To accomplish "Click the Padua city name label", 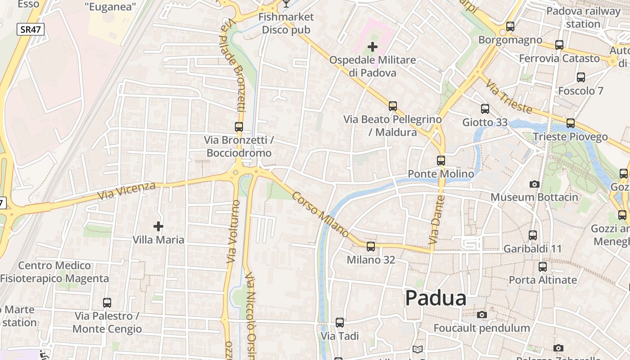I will click(436, 298).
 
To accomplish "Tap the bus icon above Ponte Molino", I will click(441, 161).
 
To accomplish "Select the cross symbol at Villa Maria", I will click(158, 226).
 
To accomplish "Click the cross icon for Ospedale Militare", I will click(373, 47).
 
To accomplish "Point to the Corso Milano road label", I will click(320, 215).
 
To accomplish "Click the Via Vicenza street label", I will click(126, 191).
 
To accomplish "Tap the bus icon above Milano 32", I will click(371, 247).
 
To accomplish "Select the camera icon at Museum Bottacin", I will click(535, 184).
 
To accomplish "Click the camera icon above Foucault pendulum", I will click(482, 315).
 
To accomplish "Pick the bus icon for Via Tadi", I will click(340, 323).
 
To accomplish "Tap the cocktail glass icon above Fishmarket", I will click(286, 4).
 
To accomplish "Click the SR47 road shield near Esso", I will click(31, 30).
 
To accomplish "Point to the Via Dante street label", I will click(437, 220).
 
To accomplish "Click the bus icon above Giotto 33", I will click(485, 109).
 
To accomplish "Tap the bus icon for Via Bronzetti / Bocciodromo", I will click(239, 127).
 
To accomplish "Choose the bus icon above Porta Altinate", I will click(543, 267).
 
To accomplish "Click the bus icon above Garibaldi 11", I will click(533, 235).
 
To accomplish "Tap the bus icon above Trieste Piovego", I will click(571, 123).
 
